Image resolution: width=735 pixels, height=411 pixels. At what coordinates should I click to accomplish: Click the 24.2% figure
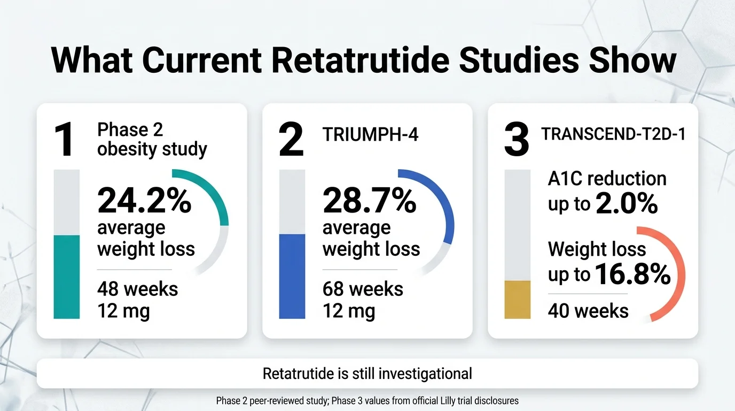point(144,202)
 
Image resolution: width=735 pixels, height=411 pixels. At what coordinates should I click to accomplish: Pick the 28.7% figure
point(370,202)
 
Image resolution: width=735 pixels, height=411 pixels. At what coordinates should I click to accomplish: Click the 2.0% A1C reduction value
point(627,204)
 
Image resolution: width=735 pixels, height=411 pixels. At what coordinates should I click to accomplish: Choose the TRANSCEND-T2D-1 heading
point(613,134)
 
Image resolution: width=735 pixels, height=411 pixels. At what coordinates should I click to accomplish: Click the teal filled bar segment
point(67,277)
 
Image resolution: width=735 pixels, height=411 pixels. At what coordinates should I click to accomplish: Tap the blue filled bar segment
point(292,276)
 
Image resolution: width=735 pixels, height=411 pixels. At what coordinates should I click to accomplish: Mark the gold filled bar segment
point(518,299)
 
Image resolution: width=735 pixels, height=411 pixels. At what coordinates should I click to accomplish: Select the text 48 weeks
point(137,289)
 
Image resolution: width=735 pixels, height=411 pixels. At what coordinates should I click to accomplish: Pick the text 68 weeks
point(363,289)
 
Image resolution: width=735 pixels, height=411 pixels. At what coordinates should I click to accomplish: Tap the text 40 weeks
point(588,311)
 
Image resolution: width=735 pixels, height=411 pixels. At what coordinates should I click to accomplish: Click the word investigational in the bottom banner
point(425,373)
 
